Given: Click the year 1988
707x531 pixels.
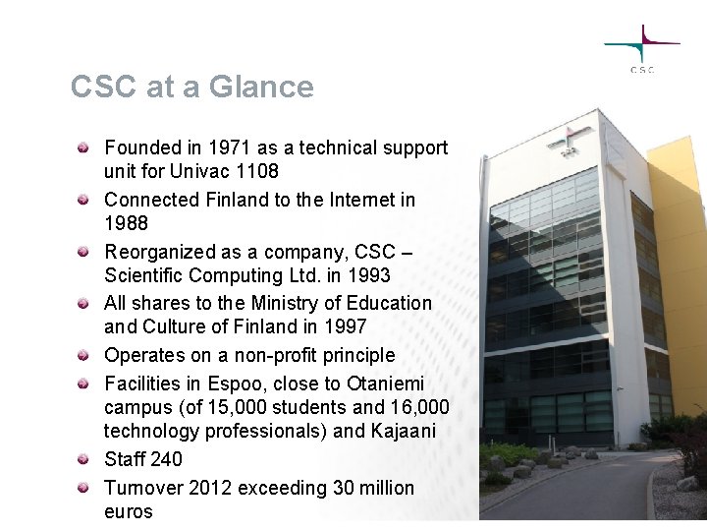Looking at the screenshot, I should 126,223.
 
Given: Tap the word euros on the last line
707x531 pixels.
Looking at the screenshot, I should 129,511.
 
